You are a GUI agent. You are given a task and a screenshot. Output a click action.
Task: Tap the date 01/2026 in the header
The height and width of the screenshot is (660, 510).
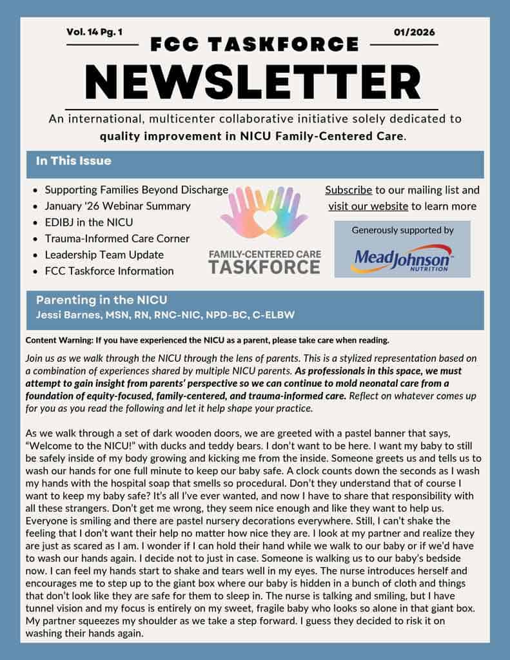(x=414, y=32)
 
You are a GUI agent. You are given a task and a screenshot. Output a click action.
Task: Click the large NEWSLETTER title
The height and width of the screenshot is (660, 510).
(x=254, y=80)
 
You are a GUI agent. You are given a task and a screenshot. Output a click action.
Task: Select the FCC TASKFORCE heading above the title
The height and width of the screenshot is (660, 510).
(x=254, y=44)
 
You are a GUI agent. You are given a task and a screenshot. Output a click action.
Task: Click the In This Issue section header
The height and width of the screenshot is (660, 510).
(x=74, y=161)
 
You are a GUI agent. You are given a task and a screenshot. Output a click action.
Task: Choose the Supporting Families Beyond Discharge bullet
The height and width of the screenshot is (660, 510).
(x=136, y=189)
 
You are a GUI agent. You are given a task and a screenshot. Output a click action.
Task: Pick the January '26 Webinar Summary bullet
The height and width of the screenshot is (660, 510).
(x=117, y=206)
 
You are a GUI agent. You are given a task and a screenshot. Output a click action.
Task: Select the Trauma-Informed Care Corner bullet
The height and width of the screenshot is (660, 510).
(x=117, y=238)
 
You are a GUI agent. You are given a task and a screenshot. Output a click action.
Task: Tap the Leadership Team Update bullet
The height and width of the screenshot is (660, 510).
(x=104, y=255)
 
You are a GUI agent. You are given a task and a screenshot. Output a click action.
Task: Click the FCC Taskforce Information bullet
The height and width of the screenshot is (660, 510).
(x=109, y=271)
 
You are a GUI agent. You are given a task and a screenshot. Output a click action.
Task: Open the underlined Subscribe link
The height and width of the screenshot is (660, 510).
(x=348, y=190)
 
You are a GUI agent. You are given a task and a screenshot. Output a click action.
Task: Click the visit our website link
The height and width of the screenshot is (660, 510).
(x=368, y=206)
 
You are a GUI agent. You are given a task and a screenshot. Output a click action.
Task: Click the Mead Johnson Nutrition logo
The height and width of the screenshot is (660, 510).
(x=402, y=258)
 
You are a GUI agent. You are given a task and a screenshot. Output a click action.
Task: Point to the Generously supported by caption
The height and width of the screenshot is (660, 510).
(x=402, y=230)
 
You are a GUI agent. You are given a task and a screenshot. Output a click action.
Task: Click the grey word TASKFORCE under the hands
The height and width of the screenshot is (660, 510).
(x=264, y=266)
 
